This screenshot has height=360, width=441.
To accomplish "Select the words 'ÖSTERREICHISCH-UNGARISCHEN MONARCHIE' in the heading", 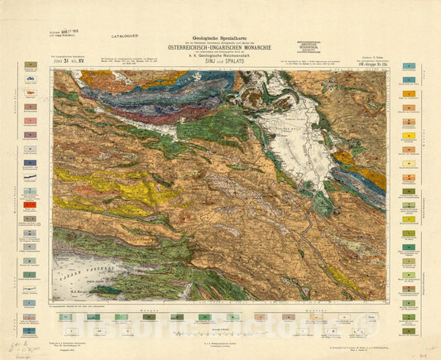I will [219, 48].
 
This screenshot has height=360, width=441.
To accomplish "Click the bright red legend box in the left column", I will [30, 204].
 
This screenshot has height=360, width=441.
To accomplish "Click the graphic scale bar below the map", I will [219, 331].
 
